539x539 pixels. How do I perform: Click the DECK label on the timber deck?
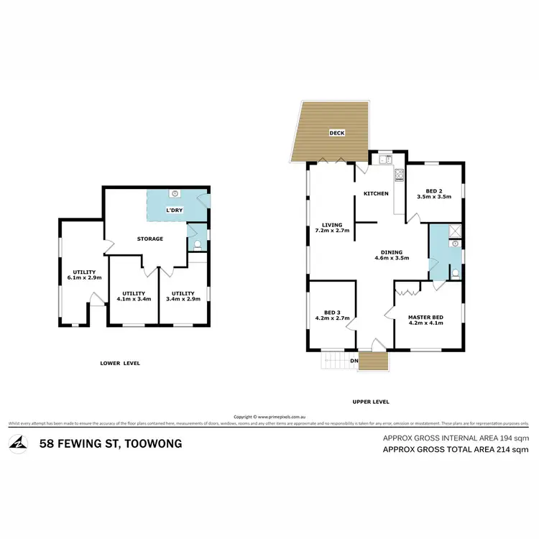pyautogui.click(x=337, y=133)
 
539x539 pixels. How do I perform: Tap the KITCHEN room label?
pyautogui.click(x=376, y=194)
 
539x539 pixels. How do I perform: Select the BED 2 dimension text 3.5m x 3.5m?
pyautogui.click(x=434, y=195)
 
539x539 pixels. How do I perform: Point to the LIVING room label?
pyautogui.click(x=331, y=224)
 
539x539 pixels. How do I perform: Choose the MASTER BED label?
pyautogui.click(x=425, y=317)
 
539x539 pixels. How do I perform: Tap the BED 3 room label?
pyautogui.click(x=331, y=313)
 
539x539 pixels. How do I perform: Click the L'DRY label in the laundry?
pyautogui.click(x=175, y=210)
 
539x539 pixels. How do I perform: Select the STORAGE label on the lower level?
pyautogui.click(x=151, y=239)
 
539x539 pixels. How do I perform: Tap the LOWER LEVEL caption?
pyautogui.click(x=120, y=363)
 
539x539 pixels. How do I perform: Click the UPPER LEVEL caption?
pyautogui.click(x=372, y=402)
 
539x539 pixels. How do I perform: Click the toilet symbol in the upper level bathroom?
pyautogui.click(x=455, y=273)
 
